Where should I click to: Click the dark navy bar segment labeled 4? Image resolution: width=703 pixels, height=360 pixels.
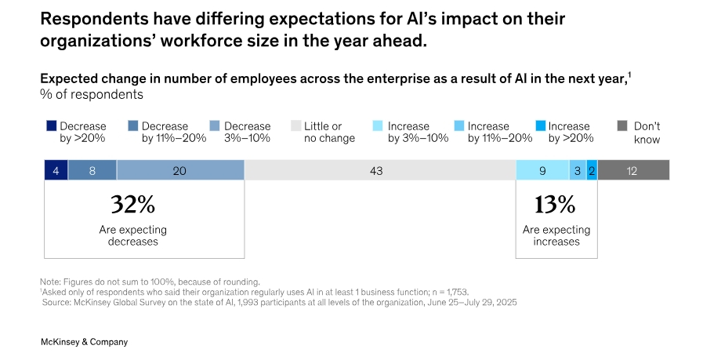(56, 170)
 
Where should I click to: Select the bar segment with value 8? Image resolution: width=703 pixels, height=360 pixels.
(92, 170)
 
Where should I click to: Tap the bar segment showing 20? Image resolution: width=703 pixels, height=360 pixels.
(180, 170)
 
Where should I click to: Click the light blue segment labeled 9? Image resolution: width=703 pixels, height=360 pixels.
(542, 170)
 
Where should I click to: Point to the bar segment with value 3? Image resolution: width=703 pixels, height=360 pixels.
(578, 170)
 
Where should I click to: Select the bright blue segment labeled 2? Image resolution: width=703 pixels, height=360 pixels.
(592, 170)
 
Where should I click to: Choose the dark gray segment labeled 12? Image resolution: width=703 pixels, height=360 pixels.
(633, 170)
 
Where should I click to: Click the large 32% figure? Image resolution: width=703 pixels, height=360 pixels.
(133, 205)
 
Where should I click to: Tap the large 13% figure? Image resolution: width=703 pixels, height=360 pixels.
(555, 205)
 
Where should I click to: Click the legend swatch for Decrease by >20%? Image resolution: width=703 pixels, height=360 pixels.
(51, 125)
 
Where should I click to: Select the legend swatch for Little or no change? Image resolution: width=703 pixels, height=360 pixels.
(295, 125)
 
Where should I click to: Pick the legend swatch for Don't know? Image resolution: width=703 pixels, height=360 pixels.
(622, 125)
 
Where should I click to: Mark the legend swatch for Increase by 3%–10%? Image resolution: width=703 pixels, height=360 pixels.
(379, 125)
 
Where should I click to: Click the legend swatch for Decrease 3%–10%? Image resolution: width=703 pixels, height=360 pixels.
(215, 125)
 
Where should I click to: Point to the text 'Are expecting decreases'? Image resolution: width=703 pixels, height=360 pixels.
(133, 235)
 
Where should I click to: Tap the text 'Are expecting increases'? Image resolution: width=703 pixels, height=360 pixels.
(556, 235)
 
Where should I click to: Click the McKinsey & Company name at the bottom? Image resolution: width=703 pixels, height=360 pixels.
(84, 342)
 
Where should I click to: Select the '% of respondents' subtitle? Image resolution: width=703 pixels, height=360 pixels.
(92, 94)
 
